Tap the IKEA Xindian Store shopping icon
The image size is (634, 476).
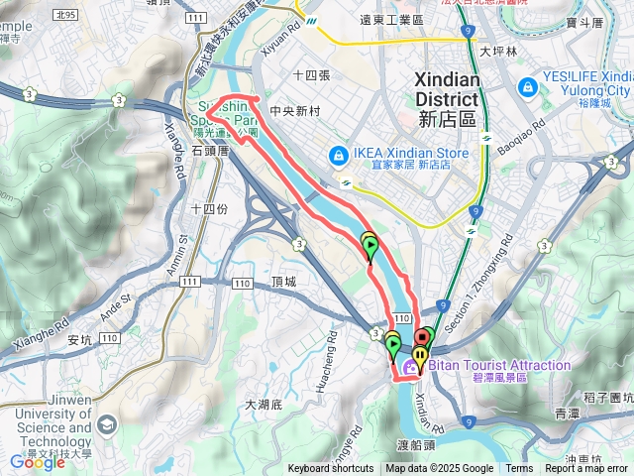[x=338, y=156]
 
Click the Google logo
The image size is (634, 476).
[x=37, y=462]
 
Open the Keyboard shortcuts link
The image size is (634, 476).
[x=331, y=469]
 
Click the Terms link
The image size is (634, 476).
[x=519, y=469]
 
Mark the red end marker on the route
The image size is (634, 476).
[x=422, y=338]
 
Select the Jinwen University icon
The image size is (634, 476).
[x=107, y=425]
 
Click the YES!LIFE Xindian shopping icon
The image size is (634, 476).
[x=527, y=85]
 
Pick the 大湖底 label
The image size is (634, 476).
[x=264, y=405]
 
